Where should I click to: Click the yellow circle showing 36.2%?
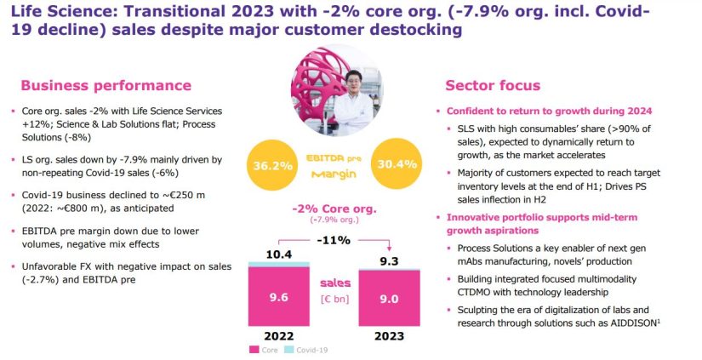(272, 165)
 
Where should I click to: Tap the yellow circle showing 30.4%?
(397, 164)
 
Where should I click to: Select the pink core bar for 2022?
(279, 296)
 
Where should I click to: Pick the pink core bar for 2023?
(389, 298)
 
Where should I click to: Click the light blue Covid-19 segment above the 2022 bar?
(279, 264)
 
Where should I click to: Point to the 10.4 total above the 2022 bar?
(279, 254)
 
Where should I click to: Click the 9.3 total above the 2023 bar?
(389, 261)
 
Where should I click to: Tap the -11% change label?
(334, 241)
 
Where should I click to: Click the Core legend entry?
(264, 350)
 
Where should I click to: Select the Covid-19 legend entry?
(306, 350)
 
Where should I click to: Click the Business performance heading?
(106, 85)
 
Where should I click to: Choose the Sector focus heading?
(493, 85)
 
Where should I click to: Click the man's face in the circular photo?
(354, 83)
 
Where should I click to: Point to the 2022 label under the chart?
(279, 336)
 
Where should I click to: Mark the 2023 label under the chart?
(389, 336)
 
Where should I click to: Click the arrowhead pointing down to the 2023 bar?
(389, 249)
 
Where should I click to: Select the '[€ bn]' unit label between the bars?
(335, 299)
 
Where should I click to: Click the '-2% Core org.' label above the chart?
(334, 209)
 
